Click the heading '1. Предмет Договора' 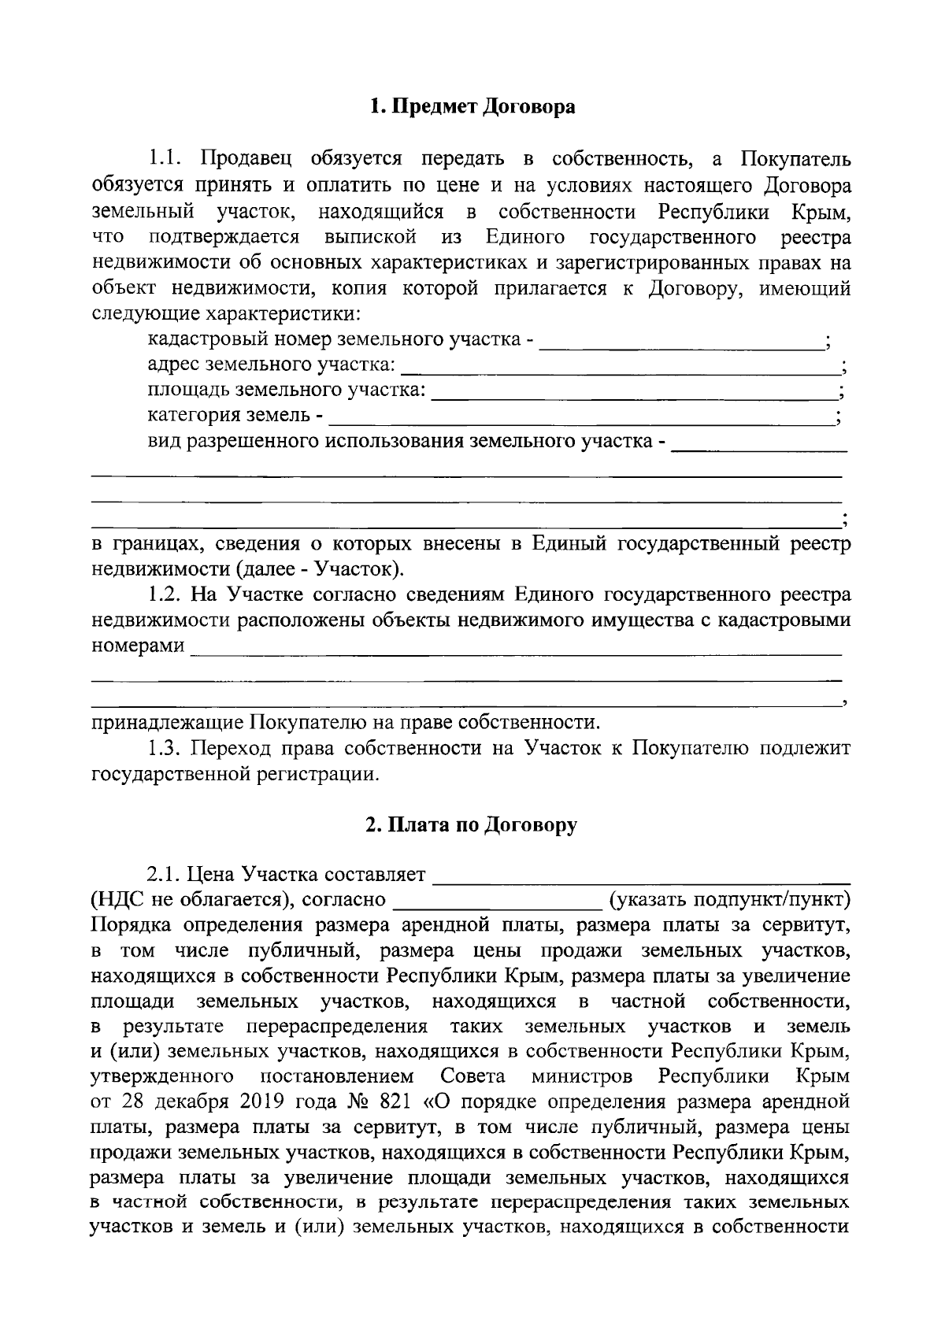472,106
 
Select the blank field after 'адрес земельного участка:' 621,368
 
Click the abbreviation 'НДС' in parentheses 120,900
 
